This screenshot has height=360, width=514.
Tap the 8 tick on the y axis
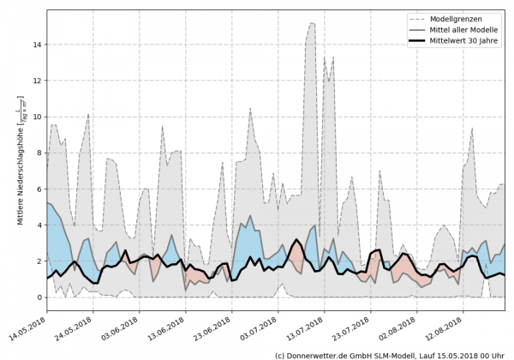(39, 153)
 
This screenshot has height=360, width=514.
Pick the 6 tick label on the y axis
(39, 189)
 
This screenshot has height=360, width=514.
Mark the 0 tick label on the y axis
(39, 297)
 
